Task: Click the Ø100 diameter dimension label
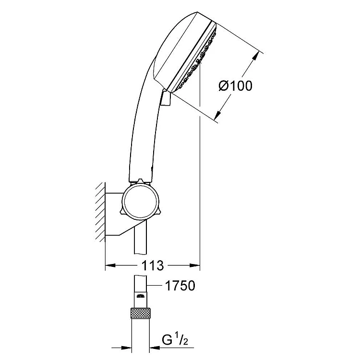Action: point(235,86)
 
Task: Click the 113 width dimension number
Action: point(153,265)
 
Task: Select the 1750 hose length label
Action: point(180,286)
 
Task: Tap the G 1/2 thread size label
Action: point(175,339)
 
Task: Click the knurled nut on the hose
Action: point(141,313)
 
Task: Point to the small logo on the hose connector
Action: point(141,296)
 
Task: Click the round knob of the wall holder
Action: point(140,201)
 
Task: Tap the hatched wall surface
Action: point(100,212)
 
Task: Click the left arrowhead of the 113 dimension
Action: point(110,265)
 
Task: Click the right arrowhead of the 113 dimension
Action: point(195,265)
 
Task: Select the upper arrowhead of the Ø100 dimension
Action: point(255,57)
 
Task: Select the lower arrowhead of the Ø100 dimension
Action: point(218,116)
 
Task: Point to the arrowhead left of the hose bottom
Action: point(127,348)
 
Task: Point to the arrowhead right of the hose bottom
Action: point(155,348)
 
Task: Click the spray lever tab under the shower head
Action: point(166,98)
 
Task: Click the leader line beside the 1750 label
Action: point(155,286)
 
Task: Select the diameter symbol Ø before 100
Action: point(223,86)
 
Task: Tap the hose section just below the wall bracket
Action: point(140,240)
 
